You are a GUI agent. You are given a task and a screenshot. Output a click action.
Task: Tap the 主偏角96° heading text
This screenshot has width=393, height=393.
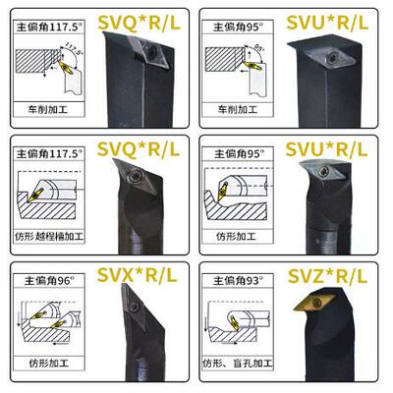(x=47, y=278)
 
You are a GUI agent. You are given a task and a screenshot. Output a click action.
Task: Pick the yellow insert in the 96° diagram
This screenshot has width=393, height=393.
(x=39, y=315)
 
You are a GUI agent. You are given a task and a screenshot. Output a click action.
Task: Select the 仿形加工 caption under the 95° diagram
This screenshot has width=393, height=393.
(x=242, y=236)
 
